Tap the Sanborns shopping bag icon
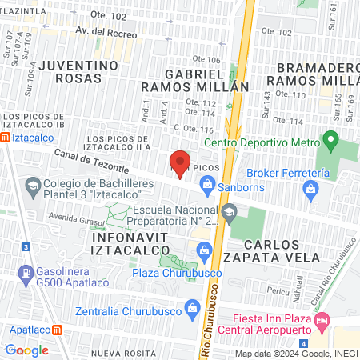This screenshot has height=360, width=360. pos(208,186)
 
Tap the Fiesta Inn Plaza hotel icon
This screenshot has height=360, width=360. pos(322,323)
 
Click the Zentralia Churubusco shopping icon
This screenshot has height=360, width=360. pos(191,307)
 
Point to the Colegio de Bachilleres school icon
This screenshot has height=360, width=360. pos(33,190)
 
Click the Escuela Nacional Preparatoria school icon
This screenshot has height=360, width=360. pos(230,211)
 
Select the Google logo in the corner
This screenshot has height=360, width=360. pos(27,350)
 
